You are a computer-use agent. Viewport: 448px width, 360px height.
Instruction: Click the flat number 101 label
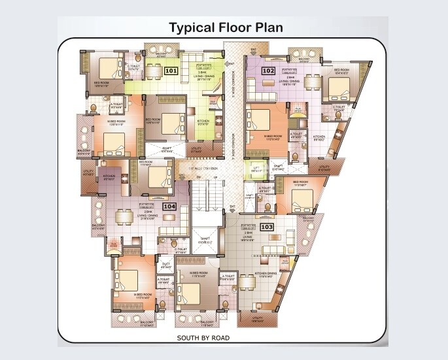click(x=171, y=69)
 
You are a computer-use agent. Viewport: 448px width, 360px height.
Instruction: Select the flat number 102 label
click(x=268, y=70)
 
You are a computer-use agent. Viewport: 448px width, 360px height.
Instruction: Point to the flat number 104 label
click(x=170, y=206)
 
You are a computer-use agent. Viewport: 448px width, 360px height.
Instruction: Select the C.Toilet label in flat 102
click(x=339, y=108)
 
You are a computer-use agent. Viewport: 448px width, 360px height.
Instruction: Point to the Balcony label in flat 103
click(x=309, y=220)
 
